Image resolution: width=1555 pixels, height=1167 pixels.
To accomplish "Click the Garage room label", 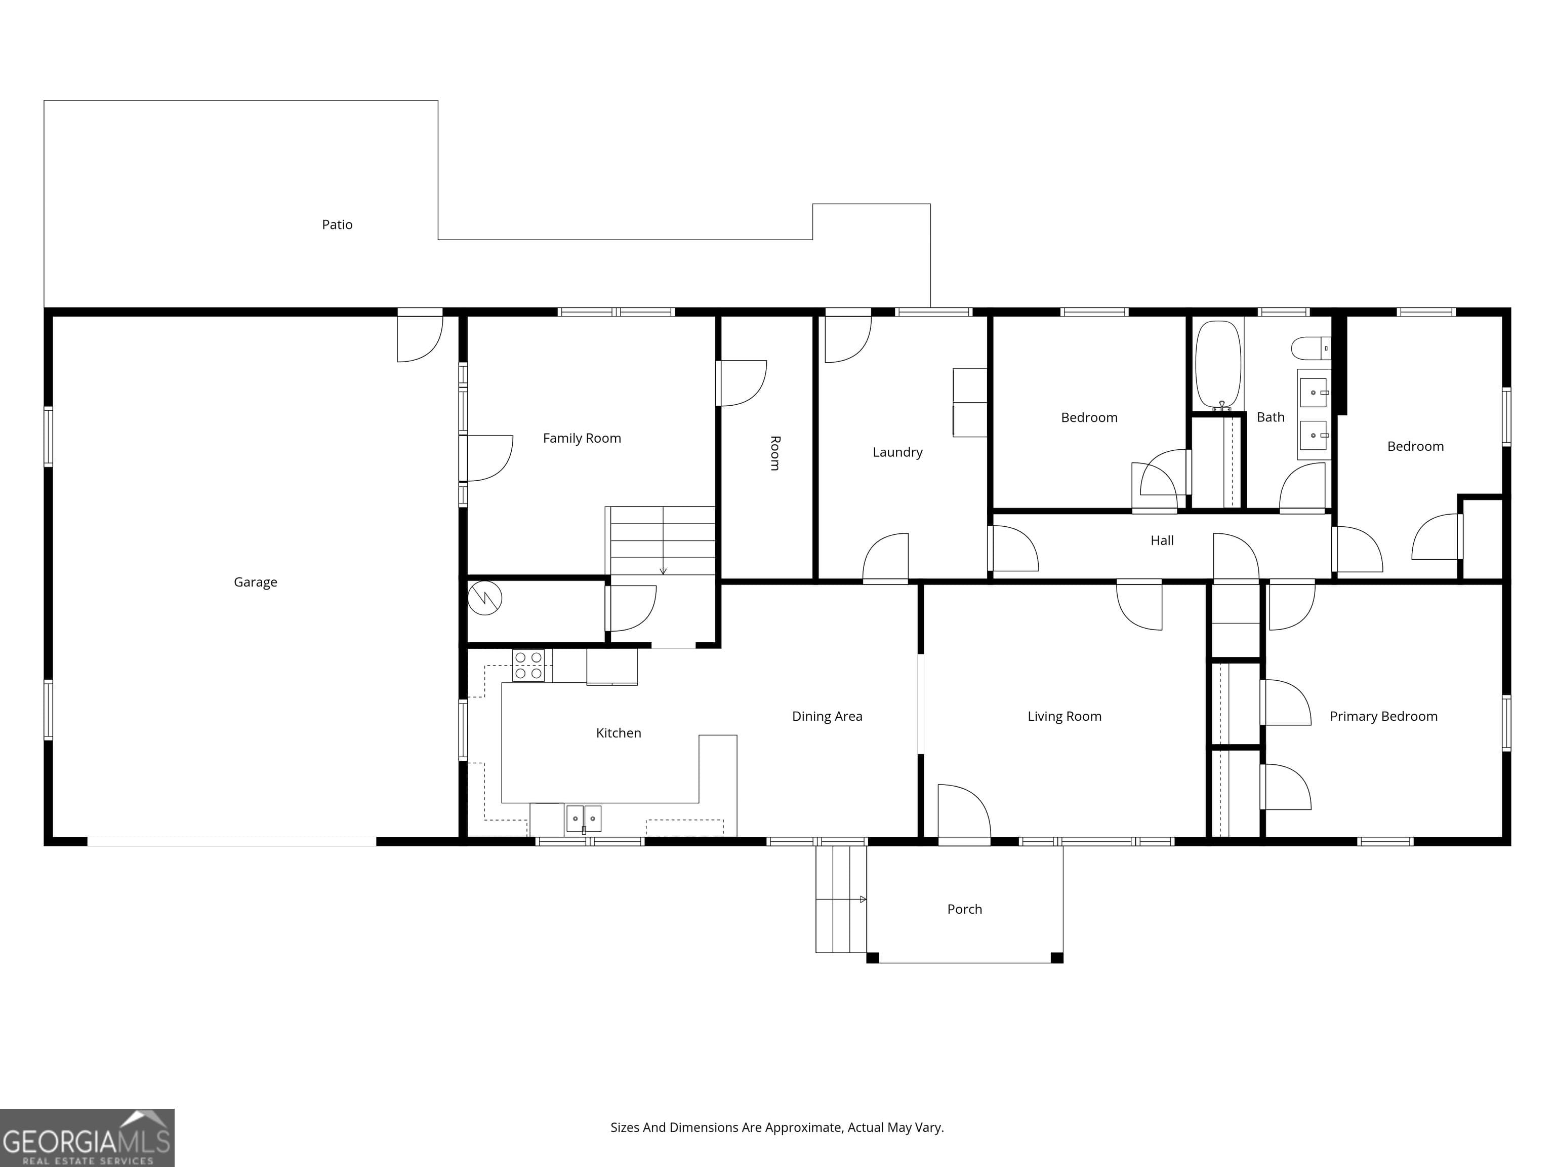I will coord(255,582).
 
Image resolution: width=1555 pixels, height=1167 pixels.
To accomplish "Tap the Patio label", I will coord(337,224).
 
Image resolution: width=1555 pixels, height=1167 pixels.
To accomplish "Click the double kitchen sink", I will coord(584,818).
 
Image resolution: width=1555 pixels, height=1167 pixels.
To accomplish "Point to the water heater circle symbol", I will coord(484,598).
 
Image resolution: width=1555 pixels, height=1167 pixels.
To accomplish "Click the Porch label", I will coord(964,909).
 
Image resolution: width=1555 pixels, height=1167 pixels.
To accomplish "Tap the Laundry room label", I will coord(897,452).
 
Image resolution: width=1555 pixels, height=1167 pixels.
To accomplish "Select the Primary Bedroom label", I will coord(1383,716).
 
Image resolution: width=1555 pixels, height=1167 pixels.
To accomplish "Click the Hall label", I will coord(1161,540).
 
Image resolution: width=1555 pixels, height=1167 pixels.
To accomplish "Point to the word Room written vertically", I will coord(774,453).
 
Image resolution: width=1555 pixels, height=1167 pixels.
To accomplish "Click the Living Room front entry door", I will coord(964,812).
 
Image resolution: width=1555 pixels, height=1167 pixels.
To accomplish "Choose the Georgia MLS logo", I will coord(87,1138).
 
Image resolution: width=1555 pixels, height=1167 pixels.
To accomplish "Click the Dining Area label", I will coord(827,716).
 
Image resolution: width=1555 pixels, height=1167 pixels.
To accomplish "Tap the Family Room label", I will coord(582,438).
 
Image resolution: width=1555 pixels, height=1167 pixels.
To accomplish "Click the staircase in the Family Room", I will coord(661,540).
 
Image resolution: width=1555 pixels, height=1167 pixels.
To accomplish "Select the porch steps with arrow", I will coord(841,899).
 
